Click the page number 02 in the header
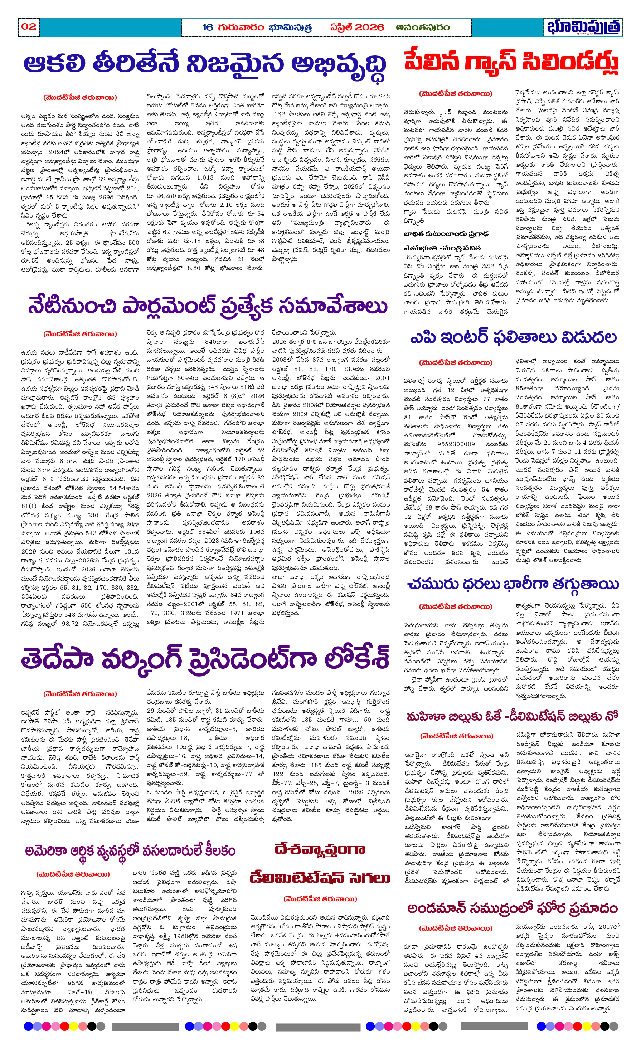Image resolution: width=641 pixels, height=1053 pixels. click(x=29, y=26)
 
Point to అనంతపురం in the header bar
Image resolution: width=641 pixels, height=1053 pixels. click(x=422, y=27)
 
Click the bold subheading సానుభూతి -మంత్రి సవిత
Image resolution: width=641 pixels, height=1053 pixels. click(x=442, y=248)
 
